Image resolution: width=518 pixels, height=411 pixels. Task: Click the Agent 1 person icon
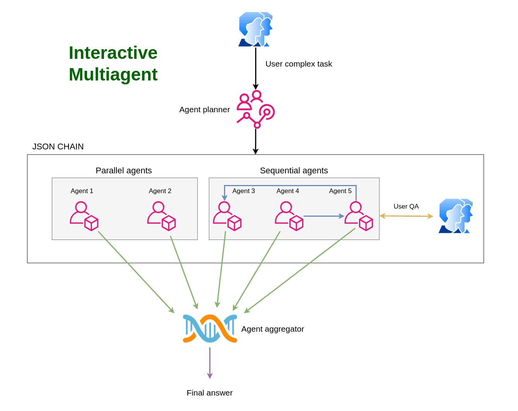pos(84,216)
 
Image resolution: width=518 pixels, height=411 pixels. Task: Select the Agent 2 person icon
pos(161,216)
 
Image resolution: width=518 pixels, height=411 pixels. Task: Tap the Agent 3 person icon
pos(227,216)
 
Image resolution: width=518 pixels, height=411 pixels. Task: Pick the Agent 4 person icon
pos(289,216)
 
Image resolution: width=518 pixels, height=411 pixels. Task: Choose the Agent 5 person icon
pos(359,216)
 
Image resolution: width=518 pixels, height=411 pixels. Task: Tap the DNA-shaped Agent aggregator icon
pos(210,329)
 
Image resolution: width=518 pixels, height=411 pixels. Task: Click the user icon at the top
pos(255,29)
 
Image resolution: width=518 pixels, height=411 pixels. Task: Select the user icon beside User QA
pos(456,216)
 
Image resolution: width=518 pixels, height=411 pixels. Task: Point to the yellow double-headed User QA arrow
pos(406,216)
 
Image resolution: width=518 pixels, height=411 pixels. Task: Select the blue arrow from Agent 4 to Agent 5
pos(323,216)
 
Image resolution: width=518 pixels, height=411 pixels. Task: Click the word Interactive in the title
pos(113,53)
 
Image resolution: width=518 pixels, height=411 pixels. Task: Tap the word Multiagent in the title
pos(113,74)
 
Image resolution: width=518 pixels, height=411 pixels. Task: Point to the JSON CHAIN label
pos(58,147)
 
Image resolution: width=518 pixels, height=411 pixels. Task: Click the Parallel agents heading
pos(124,171)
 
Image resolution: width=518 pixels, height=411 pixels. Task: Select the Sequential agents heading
pos(294,171)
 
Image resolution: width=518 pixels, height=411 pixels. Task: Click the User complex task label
pos(299,64)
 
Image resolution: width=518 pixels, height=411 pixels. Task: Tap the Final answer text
pos(210,393)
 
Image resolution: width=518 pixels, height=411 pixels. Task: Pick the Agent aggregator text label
pos(273,329)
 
